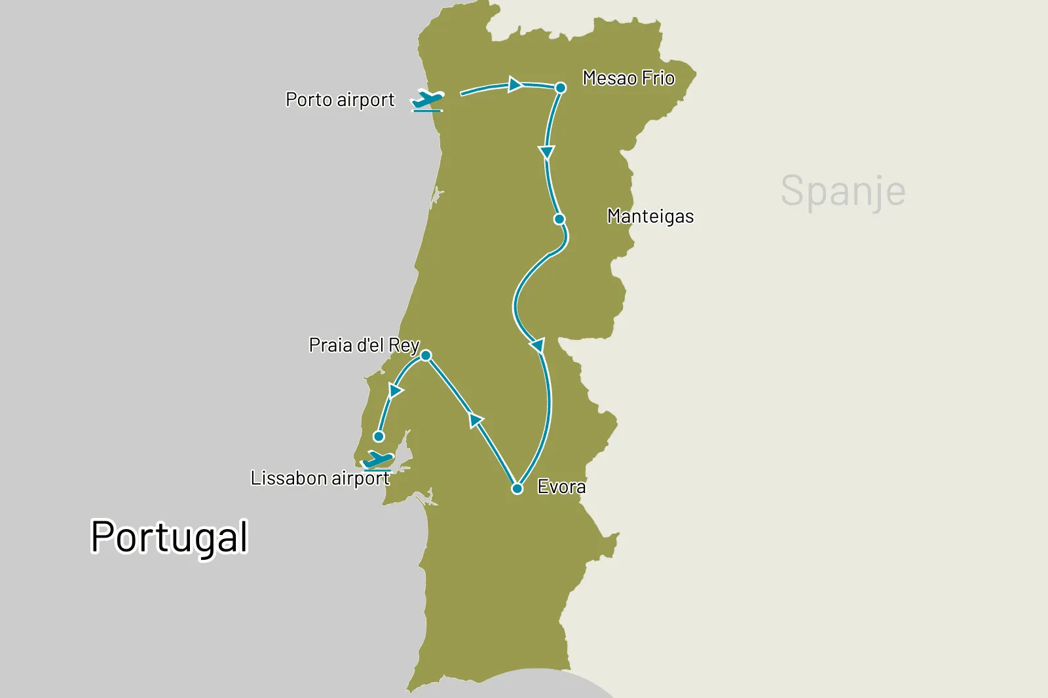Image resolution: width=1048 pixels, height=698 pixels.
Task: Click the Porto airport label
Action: [340, 100]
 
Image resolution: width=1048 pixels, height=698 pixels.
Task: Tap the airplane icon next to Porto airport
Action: [428, 101]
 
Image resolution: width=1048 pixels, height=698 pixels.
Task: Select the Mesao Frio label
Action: [628, 79]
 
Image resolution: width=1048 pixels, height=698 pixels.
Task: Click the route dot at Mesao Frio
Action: [561, 88]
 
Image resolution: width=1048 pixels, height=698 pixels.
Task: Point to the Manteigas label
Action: [650, 216]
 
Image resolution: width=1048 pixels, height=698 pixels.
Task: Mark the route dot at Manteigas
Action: [559, 219]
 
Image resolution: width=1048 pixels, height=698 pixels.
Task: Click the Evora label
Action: [561, 487]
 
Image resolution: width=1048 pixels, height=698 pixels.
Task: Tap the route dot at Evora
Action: [517, 488]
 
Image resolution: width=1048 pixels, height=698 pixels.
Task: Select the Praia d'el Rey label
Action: [364, 345]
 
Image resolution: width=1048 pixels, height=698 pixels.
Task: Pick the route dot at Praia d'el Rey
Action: [426, 356]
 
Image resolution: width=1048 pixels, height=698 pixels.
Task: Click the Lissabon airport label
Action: [320, 479]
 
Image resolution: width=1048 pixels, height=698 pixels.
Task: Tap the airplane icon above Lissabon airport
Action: [378, 460]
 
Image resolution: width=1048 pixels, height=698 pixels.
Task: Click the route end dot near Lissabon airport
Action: [379, 437]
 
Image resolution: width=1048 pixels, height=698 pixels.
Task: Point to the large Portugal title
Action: [169, 537]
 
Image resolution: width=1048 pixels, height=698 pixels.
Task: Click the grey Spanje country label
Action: [843, 191]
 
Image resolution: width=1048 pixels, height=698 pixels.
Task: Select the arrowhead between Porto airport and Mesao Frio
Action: [515, 84]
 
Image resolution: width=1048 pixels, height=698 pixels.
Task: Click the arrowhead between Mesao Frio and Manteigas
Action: [546, 153]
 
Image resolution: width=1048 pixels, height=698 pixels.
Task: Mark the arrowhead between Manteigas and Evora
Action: [538, 345]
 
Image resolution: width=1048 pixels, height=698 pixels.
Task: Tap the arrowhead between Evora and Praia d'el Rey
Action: [477, 420]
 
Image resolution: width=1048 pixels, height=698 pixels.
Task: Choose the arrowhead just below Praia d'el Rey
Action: [395, 391]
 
